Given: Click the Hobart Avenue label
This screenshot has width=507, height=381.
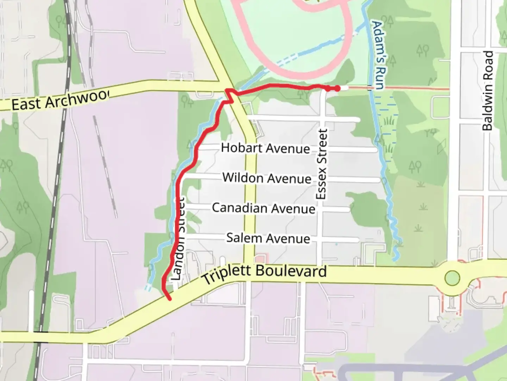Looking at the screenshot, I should [x=265, y=148].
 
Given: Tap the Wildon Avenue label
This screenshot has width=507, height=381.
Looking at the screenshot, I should [x=267, y=178].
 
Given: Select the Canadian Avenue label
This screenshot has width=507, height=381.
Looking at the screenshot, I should [x=263, y=208].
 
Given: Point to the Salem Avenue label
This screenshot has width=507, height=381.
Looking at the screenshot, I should [x=268, y=238].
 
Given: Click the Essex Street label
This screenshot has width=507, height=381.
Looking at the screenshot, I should [x=322, y=164].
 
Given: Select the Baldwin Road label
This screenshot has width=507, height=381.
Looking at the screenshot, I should [x=488, y=91].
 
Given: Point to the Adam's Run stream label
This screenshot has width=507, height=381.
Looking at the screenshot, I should [x=378, y=55].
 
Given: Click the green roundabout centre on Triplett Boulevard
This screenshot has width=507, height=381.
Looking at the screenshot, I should [x=452, y=278].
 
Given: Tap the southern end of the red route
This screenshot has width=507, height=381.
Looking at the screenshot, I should [x=170, y=299].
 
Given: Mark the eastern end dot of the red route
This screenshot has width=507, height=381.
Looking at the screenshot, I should [x=337, y=89].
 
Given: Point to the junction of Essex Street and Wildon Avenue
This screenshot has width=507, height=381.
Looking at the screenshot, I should [x=319, y=179].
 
